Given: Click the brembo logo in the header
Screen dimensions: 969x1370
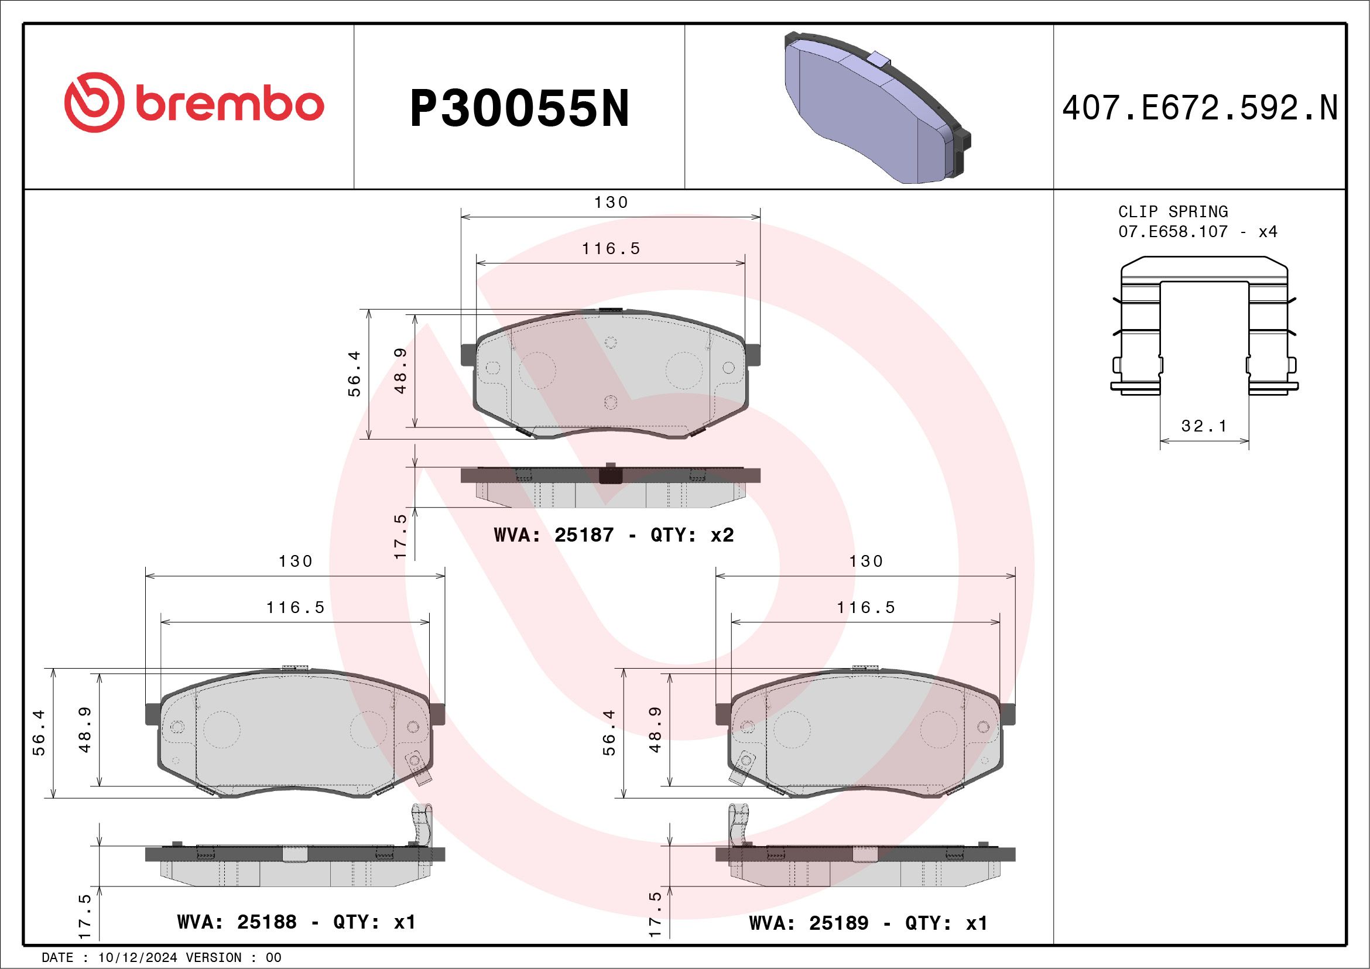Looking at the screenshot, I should pos(194,102).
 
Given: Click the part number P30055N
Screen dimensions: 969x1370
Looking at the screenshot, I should pos(519,108).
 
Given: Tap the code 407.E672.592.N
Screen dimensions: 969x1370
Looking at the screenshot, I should pos(1200,108).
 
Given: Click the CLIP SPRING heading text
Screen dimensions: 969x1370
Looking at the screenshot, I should pos(1173,212).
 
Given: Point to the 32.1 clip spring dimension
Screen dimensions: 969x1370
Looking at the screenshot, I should pos(1204,426).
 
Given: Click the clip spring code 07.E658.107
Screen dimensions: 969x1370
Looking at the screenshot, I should pos(1173,231).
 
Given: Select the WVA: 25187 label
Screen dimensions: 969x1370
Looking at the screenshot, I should pos(553,535).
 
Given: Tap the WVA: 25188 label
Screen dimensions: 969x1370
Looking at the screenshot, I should pos(237,922).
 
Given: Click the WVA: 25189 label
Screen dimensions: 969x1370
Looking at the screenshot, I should pos(809,923).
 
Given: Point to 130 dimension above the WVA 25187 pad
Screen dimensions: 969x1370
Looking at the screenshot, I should pos(611,202).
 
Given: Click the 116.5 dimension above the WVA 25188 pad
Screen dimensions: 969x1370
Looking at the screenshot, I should pos(295,607).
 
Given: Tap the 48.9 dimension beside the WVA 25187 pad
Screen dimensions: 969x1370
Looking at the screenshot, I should pos(400,371).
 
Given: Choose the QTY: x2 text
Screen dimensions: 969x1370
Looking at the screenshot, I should pos(692,535).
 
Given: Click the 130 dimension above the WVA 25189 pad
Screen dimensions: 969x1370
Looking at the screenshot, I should pos(866,561).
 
